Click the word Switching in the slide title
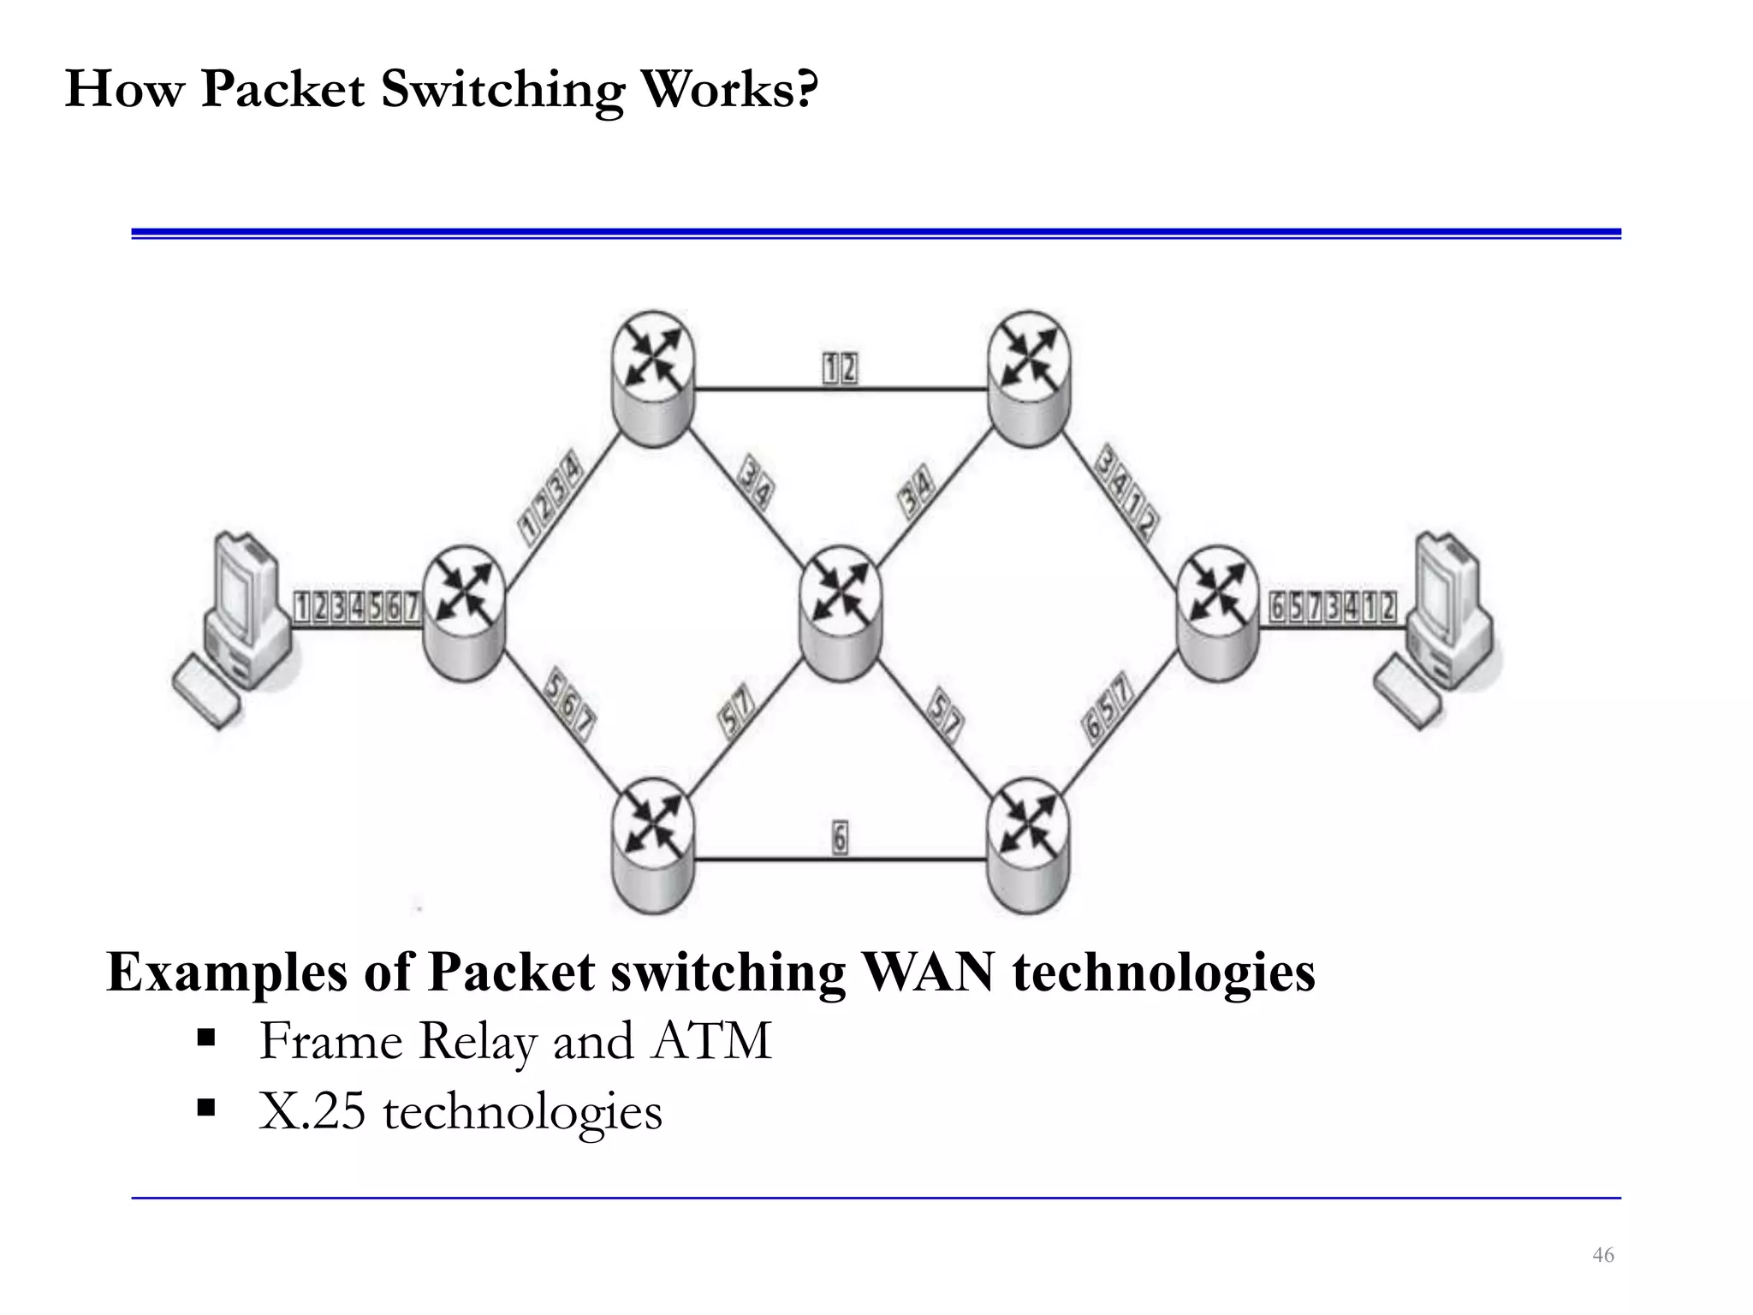(502, 89)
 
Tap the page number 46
(1602, 1255)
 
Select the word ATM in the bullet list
(712, 1041)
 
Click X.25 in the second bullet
(312, 1112)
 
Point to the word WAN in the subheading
(928, 973)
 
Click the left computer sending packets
(243, 608)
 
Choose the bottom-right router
(1028, 844)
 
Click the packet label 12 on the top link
(840, 369)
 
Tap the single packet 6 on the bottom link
(840, 837)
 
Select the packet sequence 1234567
(357, 607)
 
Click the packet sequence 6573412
(1332, 607)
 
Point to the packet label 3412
(1127, 492)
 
